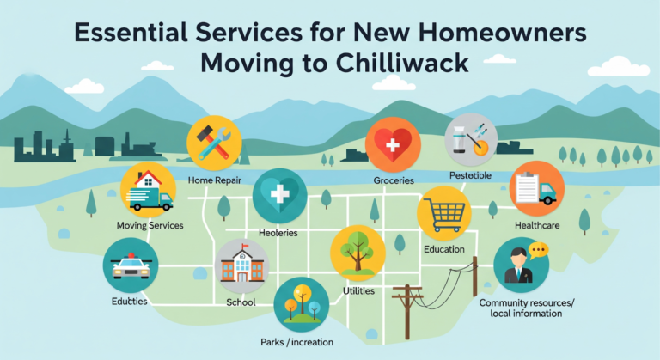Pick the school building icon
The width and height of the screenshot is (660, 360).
(241, 265)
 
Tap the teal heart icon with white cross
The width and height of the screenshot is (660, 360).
(279, 196)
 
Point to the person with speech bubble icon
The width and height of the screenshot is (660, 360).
(522, 264)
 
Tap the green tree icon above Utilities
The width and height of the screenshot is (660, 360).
(357, 252)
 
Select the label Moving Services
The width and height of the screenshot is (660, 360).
(150, 225)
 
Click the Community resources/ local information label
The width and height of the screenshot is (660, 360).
(526, 308)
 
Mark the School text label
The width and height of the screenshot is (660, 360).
(241, 302)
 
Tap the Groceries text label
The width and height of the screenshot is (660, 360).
(394, 180)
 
